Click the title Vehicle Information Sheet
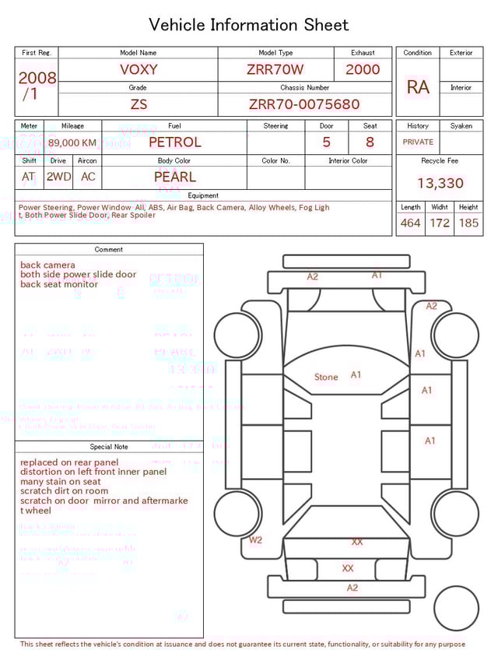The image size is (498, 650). (x=249, y=25)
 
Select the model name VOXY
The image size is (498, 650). (x=139, y=69)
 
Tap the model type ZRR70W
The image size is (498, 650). (x=275, y=69)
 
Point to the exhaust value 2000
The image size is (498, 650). (x=363, y=69)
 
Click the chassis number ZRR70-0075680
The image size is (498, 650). (x=304, y=104)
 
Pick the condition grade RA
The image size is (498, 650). (x=418, y=87)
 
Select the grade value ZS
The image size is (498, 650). (x=139, y=104)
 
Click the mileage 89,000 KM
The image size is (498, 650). (x=72, y=142)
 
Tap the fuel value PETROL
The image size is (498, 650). (x=174, y=142)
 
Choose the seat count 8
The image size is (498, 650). (x=370, y=142)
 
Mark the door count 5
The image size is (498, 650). (x=327, y=142)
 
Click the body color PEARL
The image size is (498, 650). (x=174, y=177)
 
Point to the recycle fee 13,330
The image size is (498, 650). (x=440, y=183)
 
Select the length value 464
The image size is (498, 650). (x=410, y=223)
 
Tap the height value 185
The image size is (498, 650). (x=468, y=223)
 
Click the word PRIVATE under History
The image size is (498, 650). (x=418, y=142)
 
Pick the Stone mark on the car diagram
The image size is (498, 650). (x=326, y=378)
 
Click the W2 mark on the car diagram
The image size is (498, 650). (x=255, y=539)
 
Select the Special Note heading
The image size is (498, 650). (x=109, y=447)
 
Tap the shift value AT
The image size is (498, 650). (x=29, y=177)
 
